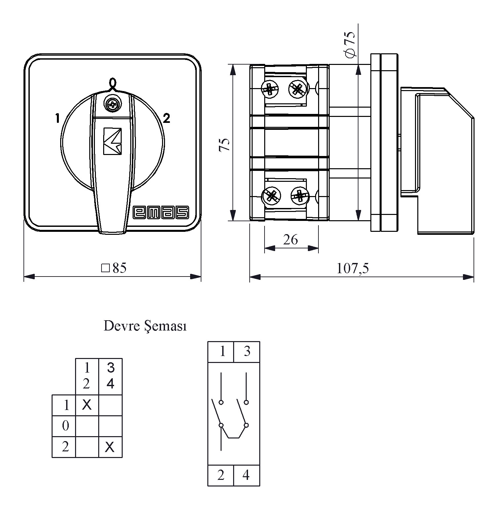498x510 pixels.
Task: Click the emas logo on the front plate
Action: click(x=161, y=212)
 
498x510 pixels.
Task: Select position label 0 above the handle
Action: click(x=112, y=82)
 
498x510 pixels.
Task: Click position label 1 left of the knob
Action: click(x=58, y=118)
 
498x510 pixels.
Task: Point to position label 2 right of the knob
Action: click(x=167, y=118)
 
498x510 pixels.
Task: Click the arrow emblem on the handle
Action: click(x=112, y=141)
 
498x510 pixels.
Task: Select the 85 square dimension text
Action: click(x=114, y=268)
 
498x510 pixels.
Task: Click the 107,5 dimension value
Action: click(x=353, y=269)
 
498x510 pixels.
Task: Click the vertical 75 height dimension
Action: click(x=225, y=144)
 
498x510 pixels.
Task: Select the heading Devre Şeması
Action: click(x=145, y=326)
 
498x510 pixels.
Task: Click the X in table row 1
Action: click(x=87, y=404)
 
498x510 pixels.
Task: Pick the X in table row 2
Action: click(x=110, y=447)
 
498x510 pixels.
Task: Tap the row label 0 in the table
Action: click(x=65, y=426)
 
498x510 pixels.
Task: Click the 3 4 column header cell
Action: click(x=110, y=376)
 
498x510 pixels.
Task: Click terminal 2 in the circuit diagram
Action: click(x=221, y=476)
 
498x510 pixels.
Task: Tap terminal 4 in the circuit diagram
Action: click(x=246, y=476)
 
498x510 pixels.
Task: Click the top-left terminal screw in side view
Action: click(x=270, y=89)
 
